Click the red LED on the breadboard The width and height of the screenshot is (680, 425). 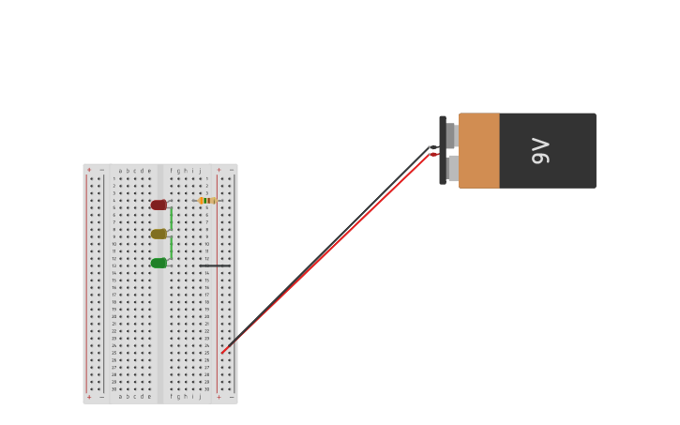(x=159, y=205)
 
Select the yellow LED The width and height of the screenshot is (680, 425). (x=159, y=234)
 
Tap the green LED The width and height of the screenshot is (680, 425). (x=159, y=263)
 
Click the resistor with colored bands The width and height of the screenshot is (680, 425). (x=207, y=200)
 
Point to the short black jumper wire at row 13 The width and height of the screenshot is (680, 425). (x=215, y=266)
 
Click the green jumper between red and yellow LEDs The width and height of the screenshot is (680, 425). (x=171, y=219)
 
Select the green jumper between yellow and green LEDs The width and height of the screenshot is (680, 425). (x=171, y=248)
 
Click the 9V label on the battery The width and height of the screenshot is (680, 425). (x=540, y=150)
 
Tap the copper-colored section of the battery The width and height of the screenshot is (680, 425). (x=478, y=150)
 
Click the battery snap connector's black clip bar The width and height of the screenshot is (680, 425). (x=443, y=150)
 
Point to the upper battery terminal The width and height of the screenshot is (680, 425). (x=451, y=135)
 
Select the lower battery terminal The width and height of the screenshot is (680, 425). (x=453, y=168)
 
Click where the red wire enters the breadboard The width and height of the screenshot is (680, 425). (x=222, y=353)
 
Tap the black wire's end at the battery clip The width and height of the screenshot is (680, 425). (x=432, y=147)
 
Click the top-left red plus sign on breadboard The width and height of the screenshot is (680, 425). (x=90, y=170)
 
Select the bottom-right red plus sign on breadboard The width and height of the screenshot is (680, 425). (x=219, y=397)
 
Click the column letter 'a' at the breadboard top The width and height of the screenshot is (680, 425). (x=120, y=171)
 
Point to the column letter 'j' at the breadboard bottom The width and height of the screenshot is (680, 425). (x=200, y=396)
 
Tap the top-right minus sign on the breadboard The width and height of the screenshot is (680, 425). (x=231, y=170)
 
